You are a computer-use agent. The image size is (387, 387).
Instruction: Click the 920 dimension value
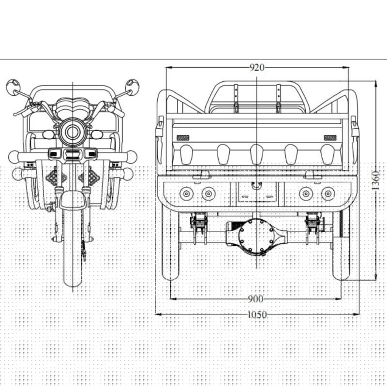(257, 67)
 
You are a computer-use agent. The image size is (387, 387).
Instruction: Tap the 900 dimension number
(255, 299)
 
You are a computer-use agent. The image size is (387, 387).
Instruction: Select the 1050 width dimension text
(257, 315)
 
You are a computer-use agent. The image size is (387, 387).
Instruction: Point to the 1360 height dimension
(375, 180)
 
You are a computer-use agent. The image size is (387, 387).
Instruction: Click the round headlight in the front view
(73, 132)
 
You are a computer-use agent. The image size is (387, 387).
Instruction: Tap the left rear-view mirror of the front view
(13, 87)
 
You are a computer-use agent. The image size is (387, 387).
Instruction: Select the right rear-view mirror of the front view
(132, 87)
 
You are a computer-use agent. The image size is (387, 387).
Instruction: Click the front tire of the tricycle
(73, 249)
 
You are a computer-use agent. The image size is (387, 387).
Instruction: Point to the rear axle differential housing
(257, 237)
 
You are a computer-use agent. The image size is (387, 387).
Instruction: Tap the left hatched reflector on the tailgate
(183, 138)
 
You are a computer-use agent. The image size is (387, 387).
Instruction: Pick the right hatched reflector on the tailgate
(330, 138)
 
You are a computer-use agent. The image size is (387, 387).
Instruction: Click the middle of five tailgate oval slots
(257, 154)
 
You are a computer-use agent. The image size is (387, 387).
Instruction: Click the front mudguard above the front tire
(73, 200)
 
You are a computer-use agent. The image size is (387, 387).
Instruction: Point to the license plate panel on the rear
(257, 192)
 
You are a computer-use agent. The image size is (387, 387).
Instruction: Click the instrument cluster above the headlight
(73, 106)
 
